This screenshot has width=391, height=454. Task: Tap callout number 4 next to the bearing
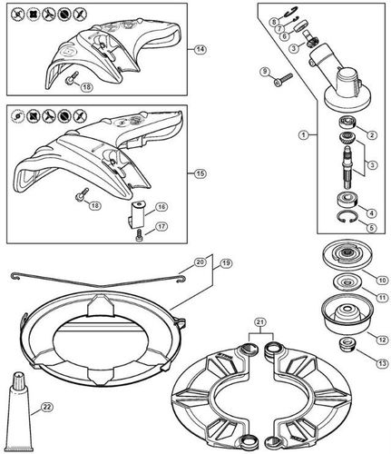pyautogui.click(x=370, y=212)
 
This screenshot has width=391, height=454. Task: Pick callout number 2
pyautogui.click(x=371, y=134)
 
